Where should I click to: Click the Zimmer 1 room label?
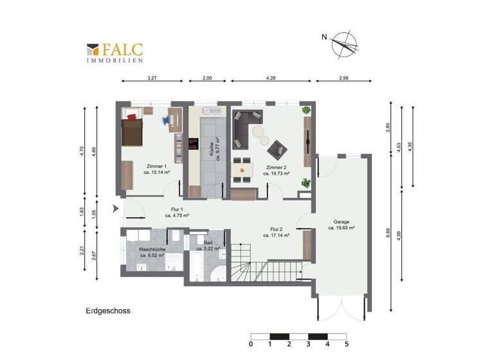pyautogui.click(x=157, y=169)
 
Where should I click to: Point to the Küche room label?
pyautogui.click(x=215, y=150)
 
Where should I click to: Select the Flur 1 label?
pyautogui.click(x=177, y=212)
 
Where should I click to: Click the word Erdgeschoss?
pyautogui.click(x=108, y=310)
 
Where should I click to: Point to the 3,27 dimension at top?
pyautogui.click(x=152, y=78)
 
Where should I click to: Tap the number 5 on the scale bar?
pyautogui.click(x=347, y=345)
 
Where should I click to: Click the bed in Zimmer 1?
pyautogui.click(x=133, y=129)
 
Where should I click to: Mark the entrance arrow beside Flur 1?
pyautogui.click(x=115, y=208)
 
